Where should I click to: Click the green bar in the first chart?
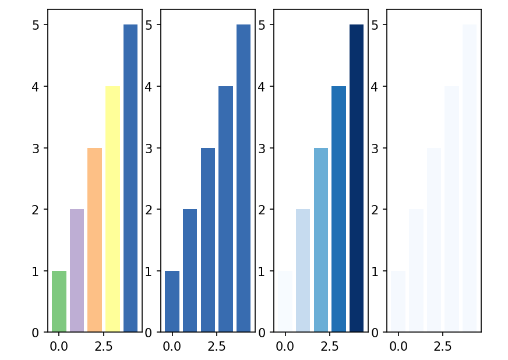click(59, 302)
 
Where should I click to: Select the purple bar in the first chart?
click(77, 271)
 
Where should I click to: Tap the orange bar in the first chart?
click(95, 240)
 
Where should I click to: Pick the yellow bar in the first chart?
click(112, 209)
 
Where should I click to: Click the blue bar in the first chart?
click(130, 178)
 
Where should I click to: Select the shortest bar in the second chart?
click(172, 302)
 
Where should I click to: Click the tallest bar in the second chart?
click(244, 178)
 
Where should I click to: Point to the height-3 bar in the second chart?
click(208, 240)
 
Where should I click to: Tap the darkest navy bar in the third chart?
click(357, 178)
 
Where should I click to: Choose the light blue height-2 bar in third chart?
click(303, 271)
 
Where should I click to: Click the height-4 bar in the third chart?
click(338, 209)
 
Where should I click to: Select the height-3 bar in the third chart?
click(321, 240)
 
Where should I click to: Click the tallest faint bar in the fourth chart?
click(470, 178)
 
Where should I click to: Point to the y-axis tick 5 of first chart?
click(36, 25)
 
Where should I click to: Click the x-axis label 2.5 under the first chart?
click(103, 346)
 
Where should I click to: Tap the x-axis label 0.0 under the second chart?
click(172, 346)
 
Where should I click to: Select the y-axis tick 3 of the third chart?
click(262, 148)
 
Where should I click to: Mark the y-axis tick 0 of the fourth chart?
click(375, 333)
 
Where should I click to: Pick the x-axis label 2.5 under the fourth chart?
click(442, 346)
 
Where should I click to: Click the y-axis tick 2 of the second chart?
click(149, 210)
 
